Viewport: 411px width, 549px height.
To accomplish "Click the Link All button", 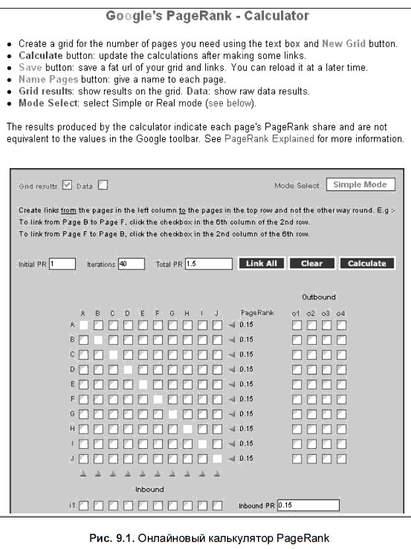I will (261, 264).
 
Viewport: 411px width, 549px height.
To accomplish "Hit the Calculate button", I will (366, 264).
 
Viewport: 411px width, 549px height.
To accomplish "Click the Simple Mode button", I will (360, 185).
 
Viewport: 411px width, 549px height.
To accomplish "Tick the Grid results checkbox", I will (66, 186).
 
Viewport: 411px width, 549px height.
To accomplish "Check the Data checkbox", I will (102, 186).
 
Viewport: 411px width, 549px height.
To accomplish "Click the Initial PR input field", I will (63, 264).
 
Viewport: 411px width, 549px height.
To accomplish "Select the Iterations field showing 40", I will (131, 264).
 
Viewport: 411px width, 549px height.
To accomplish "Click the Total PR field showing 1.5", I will (208, 264).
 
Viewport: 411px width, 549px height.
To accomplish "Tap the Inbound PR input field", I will (307, 506).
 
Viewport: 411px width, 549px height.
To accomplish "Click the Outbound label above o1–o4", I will (318, 297).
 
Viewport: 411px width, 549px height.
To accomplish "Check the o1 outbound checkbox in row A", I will (297, 325).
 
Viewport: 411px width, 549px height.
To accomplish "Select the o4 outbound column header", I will (340, 313).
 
